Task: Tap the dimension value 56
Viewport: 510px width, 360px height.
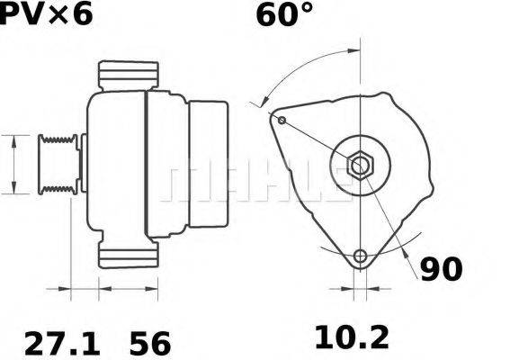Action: pyautogui.click(x=149, y=341)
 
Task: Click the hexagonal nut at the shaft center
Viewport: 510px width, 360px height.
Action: pyautogui.click(x=359, y=165)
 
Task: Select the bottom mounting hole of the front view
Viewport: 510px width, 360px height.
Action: pyautogui.click(x=361, y=256)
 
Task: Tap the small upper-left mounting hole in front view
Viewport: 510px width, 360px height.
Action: pyautogui.click(x=282, y=121)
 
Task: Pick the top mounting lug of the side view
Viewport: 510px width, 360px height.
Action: pyautogui.click(x=128, y=76)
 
